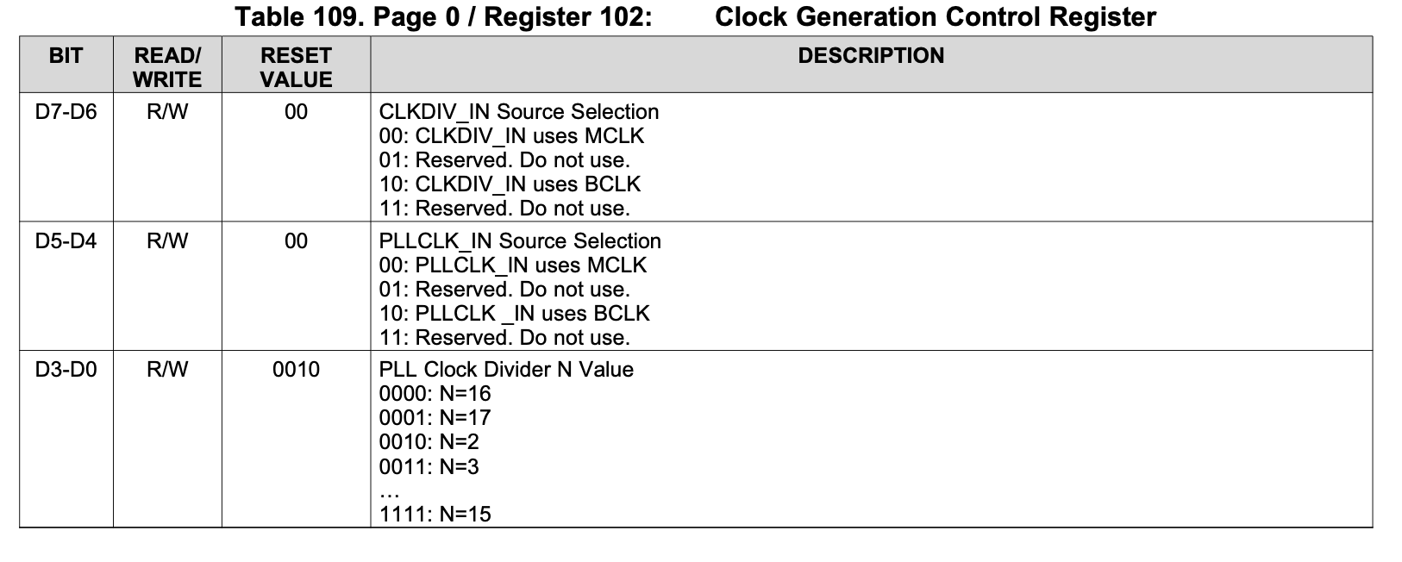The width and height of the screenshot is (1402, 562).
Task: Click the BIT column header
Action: pos(66,56)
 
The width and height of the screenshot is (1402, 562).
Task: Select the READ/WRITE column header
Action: pos(167,67)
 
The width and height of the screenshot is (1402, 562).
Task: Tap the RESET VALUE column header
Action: pos(296,67)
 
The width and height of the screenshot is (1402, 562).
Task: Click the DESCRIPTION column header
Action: pos(871,56)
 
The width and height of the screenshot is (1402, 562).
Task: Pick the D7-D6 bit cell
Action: pos(66,112)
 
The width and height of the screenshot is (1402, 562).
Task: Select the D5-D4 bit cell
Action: pos(66,241)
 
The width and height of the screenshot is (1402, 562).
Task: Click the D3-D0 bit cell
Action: pos(66,370)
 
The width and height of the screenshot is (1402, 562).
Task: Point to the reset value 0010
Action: pos(296,370)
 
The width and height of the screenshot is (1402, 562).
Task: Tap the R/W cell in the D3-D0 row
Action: pos(167,370)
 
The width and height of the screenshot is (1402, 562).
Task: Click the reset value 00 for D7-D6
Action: pos(296,112)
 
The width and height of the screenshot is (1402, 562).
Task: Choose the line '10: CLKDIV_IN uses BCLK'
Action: pos(510,184)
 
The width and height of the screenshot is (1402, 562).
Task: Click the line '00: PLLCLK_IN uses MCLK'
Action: pos(512,265)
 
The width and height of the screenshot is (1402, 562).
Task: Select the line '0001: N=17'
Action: pos(435,418)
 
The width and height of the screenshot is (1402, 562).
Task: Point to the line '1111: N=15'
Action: pos(435,515)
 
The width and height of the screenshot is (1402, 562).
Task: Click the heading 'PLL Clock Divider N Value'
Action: pos(506,370)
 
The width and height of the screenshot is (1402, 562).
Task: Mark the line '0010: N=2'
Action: pos(429,442)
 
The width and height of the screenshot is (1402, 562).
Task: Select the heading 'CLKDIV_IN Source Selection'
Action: pos(518,112)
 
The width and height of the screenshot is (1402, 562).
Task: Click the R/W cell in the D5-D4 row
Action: pos(167,241)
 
